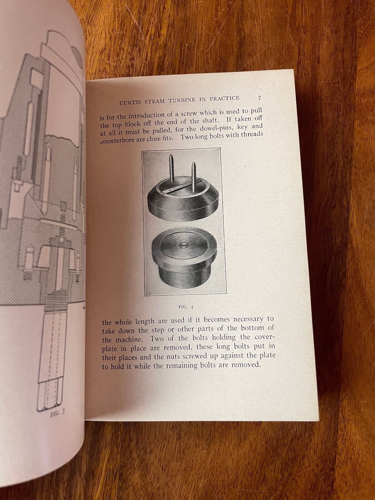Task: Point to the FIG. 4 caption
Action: tap(186, 307)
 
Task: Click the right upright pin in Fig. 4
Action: tap(193, 176)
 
